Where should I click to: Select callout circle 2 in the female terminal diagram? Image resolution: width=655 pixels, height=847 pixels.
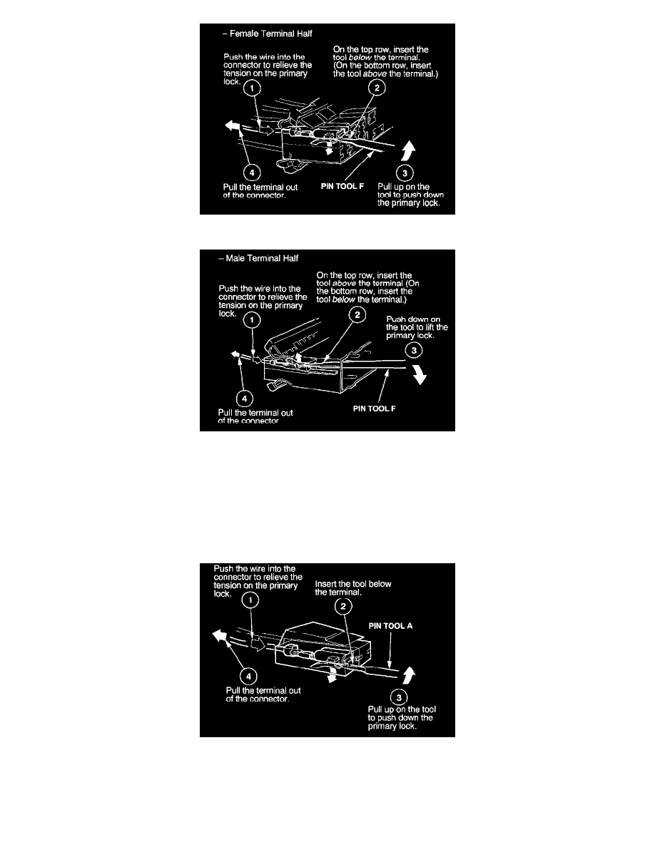[377, 88]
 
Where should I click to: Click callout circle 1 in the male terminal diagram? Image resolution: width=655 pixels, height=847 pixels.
[251, 321]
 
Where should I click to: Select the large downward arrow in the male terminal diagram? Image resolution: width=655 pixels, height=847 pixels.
[421, 377]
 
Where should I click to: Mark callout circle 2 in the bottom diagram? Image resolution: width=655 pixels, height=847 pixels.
[344, 607]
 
